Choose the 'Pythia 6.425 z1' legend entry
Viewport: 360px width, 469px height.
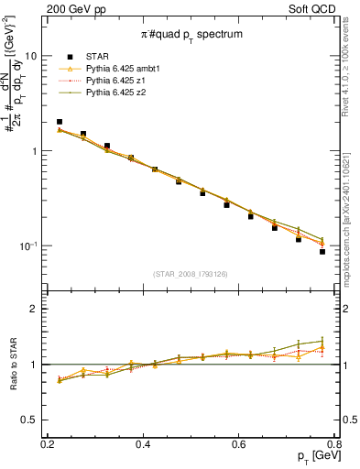click(x=117, y=81)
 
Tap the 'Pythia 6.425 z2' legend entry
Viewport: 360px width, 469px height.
click(x=117, y=93)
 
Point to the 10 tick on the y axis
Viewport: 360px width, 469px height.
click(x=31, y=56)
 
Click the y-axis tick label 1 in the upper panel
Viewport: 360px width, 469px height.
click(x=34, y=151)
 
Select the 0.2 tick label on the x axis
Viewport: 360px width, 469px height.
click(x=48, y=444)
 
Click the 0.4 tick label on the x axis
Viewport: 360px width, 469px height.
click(x=143, y=444)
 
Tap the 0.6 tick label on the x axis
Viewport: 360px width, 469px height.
click(x=239, y=444)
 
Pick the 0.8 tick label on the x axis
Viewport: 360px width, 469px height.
click(x=333, y=444)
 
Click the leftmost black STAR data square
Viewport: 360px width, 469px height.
click(x=60, y=122)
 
